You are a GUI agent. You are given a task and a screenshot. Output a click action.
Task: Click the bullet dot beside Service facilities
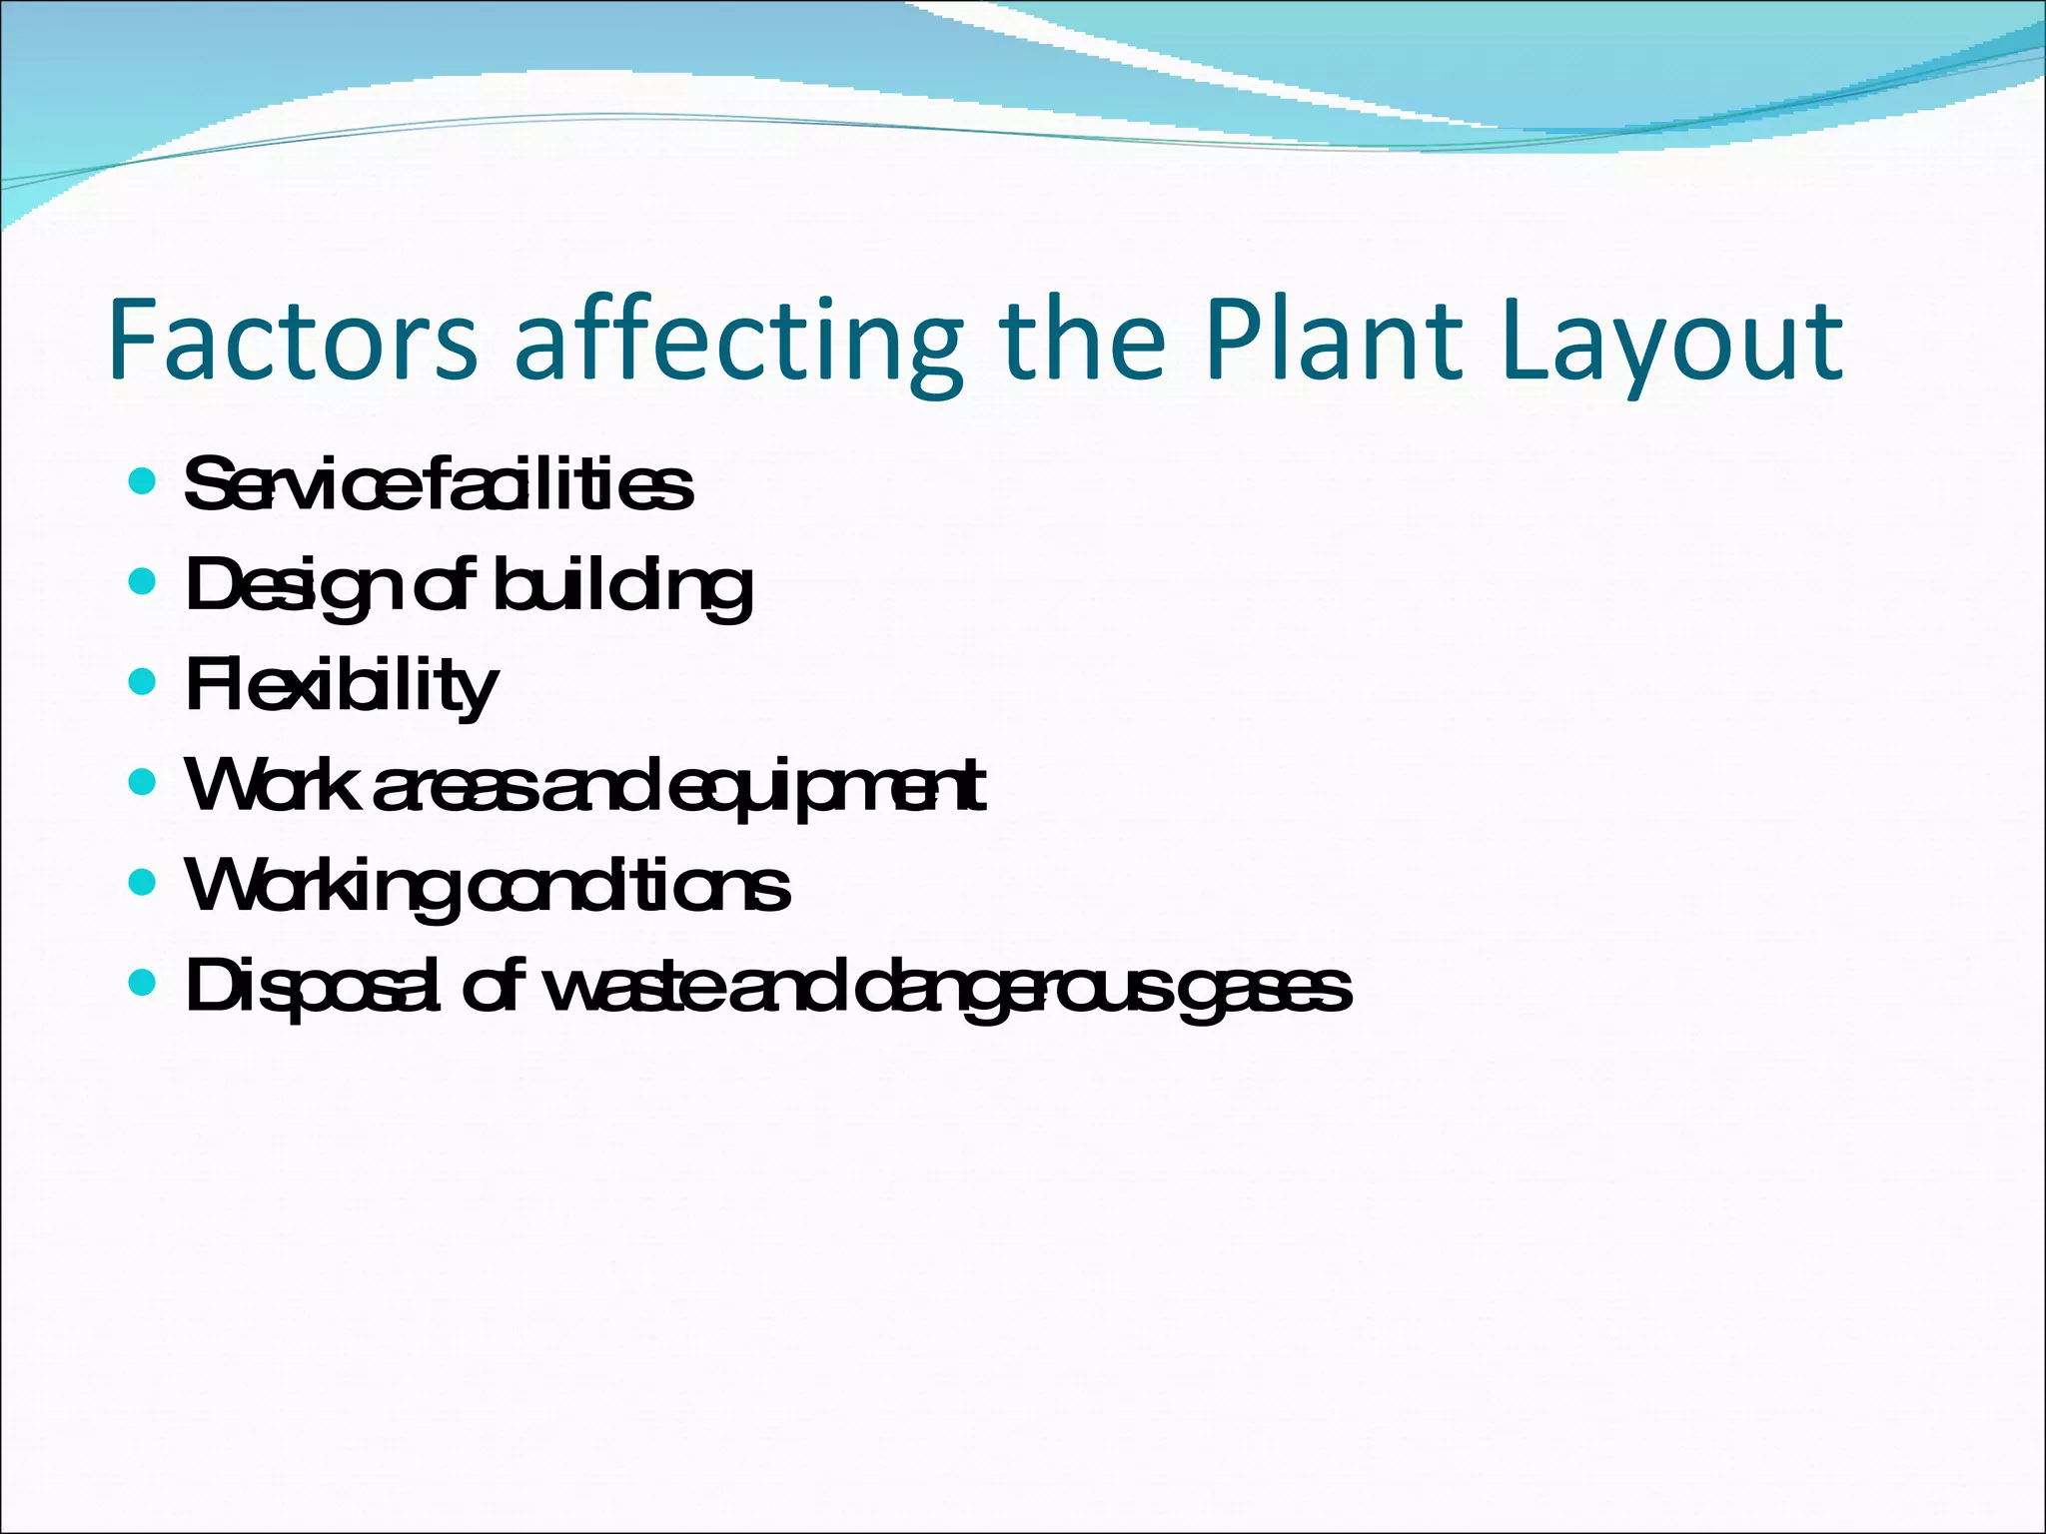[x=143, y=482]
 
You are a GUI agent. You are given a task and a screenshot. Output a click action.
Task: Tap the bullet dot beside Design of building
[x=143, y=581]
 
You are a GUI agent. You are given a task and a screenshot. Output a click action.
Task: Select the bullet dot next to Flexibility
[x=143, y=682]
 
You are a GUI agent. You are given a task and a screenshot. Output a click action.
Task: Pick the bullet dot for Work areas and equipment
[x=143, y=781]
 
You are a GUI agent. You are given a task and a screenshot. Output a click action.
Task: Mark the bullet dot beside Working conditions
[x=143, y=882]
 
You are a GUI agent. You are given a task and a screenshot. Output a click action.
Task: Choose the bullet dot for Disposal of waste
[x=143, y=983]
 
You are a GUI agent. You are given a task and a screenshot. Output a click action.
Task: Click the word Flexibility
[x=341, y=686]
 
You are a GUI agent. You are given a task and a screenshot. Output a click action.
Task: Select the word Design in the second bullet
[x=296, y=586]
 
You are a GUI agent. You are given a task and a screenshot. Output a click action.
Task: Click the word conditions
[x=629, y=886]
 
